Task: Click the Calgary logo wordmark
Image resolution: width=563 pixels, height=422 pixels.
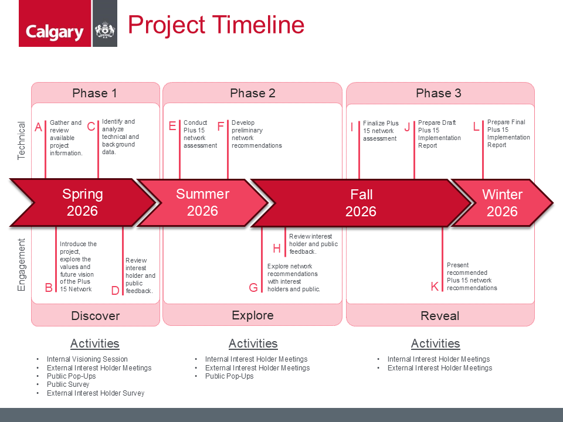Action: point(55,32)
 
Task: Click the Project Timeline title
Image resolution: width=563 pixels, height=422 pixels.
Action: point(216,25)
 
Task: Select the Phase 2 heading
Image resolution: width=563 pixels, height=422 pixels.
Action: point(252,93)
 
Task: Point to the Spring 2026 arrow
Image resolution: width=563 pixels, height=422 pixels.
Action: point(83,203)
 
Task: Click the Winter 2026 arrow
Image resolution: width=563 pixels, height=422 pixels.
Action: point(502,203)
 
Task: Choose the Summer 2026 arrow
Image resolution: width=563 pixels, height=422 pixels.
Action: point(202,203)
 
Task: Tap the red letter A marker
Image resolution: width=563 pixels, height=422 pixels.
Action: point(39,127)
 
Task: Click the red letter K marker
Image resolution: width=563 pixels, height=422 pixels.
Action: point(435,287)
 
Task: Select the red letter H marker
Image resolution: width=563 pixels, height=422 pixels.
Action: point(276,249)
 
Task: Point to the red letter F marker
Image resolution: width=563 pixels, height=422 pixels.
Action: point(221,127)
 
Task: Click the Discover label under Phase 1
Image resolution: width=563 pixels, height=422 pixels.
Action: point(96,316)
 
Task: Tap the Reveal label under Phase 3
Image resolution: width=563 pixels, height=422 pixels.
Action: point(440,316)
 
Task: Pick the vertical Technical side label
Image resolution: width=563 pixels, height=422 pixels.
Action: point(21,140)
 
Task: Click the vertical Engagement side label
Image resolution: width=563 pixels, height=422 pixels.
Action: point(21,265)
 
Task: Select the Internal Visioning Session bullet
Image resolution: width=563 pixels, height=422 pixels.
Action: point(87,359)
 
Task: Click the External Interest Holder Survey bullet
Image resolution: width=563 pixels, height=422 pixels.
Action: point(96,393)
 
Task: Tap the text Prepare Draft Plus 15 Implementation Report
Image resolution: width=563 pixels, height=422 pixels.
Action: point(439,134)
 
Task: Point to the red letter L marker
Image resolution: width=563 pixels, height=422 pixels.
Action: point(476,127)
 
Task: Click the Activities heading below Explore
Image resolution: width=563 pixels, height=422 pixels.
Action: point(253,344)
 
